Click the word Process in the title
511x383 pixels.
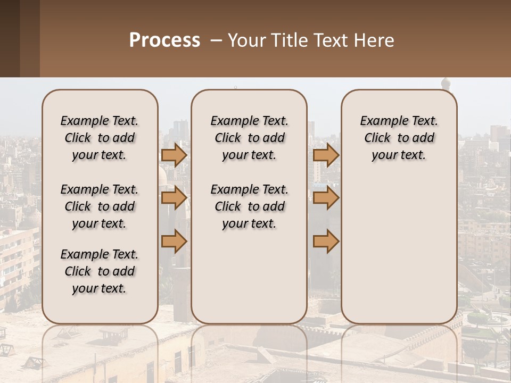tap(164, 40)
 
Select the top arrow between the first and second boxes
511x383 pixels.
tap(174, 155)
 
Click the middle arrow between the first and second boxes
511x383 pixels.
tap(174, 198)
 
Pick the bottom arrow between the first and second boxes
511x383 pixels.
tap(174, 242)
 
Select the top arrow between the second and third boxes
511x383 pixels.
tap(326, 155)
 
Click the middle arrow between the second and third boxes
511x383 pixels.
tap(326, 198)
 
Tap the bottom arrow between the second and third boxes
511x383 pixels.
tap(326, 242)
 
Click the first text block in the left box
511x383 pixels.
tap(100, 138)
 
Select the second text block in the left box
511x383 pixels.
tap(100, 206)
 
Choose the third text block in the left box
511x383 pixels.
tap(100, 271)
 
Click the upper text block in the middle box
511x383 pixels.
tap(250, 138)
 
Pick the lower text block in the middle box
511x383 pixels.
tap(250, 206)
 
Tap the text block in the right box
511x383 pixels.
tap(399, 138)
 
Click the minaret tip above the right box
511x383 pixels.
tap(446, 82)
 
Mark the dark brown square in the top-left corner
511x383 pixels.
tap(10, 38)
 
